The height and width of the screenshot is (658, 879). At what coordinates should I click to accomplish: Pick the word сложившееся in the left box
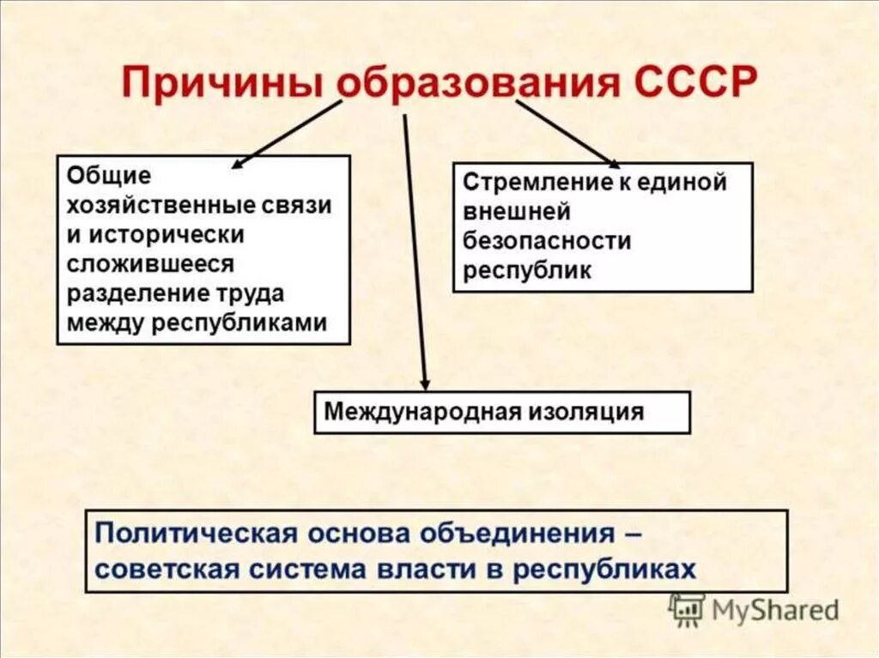coord(149,263)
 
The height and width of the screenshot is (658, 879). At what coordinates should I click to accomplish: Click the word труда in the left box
coord(251,293)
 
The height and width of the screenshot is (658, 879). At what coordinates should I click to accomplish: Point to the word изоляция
coord(588,412)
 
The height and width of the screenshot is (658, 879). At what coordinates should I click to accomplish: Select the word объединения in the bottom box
coord(518,533)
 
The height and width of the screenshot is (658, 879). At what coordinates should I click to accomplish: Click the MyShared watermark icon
coord(687,610)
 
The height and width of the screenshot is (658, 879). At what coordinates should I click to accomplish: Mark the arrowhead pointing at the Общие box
coord(239,163)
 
